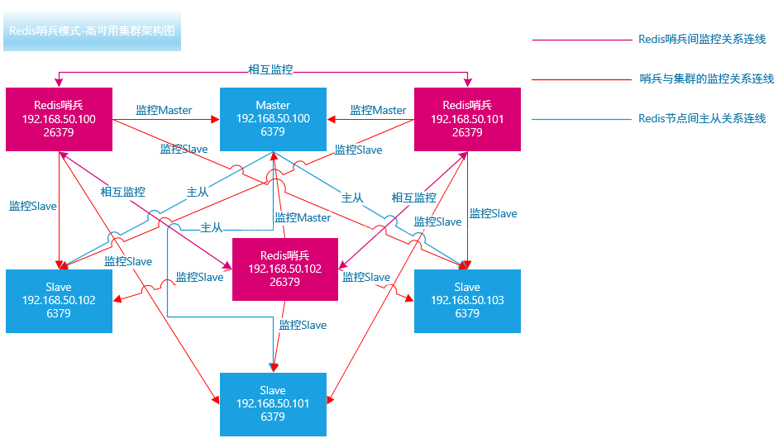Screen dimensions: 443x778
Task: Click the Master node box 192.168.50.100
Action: [273, 118]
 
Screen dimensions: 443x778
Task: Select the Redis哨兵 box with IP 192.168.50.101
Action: [467, 119]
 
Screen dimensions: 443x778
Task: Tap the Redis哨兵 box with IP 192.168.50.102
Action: [285, 269]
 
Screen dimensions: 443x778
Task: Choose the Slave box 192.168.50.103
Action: [467, 301]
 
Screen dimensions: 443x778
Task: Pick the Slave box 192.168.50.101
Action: [273, 404]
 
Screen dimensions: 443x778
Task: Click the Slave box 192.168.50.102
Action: [59, 301]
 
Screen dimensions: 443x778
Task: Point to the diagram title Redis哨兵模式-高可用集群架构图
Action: [92, 31]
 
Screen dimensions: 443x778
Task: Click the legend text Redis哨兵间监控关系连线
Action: [702, 39]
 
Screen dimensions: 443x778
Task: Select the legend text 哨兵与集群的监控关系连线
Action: [706, 79]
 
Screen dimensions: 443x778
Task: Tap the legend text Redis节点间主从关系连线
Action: [702, 118]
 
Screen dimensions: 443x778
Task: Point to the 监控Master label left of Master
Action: [164, 110]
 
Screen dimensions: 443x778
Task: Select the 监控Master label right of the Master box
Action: [378, 110]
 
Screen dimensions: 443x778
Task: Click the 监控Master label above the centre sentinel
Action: [303, 217]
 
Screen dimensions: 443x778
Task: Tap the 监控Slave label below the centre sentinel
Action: [303, 325]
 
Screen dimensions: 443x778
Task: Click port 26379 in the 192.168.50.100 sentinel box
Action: [59, 132]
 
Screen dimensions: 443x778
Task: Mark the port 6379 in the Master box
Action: [273, 131]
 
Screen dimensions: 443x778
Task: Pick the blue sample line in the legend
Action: [580, 119]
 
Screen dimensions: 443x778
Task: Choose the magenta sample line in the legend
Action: [580, 40]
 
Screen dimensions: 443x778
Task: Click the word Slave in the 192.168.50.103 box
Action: [467, 287]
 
